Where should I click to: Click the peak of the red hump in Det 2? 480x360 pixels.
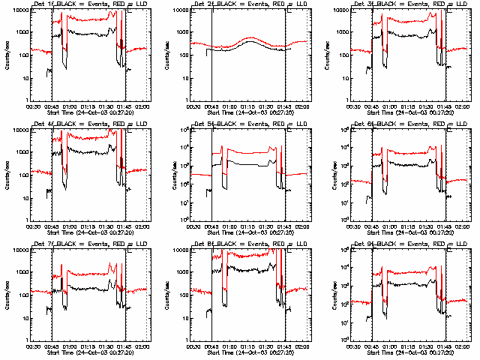tap(250, 37)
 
